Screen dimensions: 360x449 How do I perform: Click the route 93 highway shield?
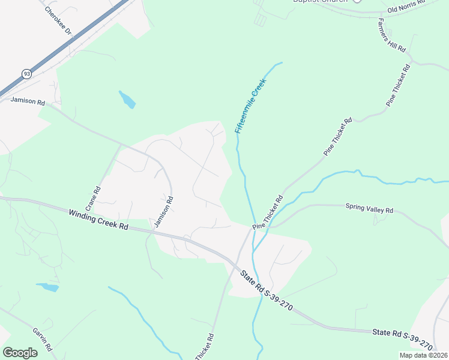(26, 73)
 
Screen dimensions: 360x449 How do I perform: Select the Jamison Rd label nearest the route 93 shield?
(28, 102)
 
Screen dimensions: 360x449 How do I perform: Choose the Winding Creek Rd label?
(98, 220)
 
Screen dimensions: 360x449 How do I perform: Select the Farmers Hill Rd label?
(392, 34)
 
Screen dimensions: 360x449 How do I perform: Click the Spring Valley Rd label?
(369, 209)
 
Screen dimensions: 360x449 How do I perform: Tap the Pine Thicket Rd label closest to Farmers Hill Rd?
(399, 84)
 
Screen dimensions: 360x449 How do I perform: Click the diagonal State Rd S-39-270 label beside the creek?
(266, 290)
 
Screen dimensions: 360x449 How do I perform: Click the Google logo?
(20, 353)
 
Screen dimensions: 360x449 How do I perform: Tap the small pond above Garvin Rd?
(47, 287)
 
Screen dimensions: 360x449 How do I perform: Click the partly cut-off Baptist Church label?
(319, 2)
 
